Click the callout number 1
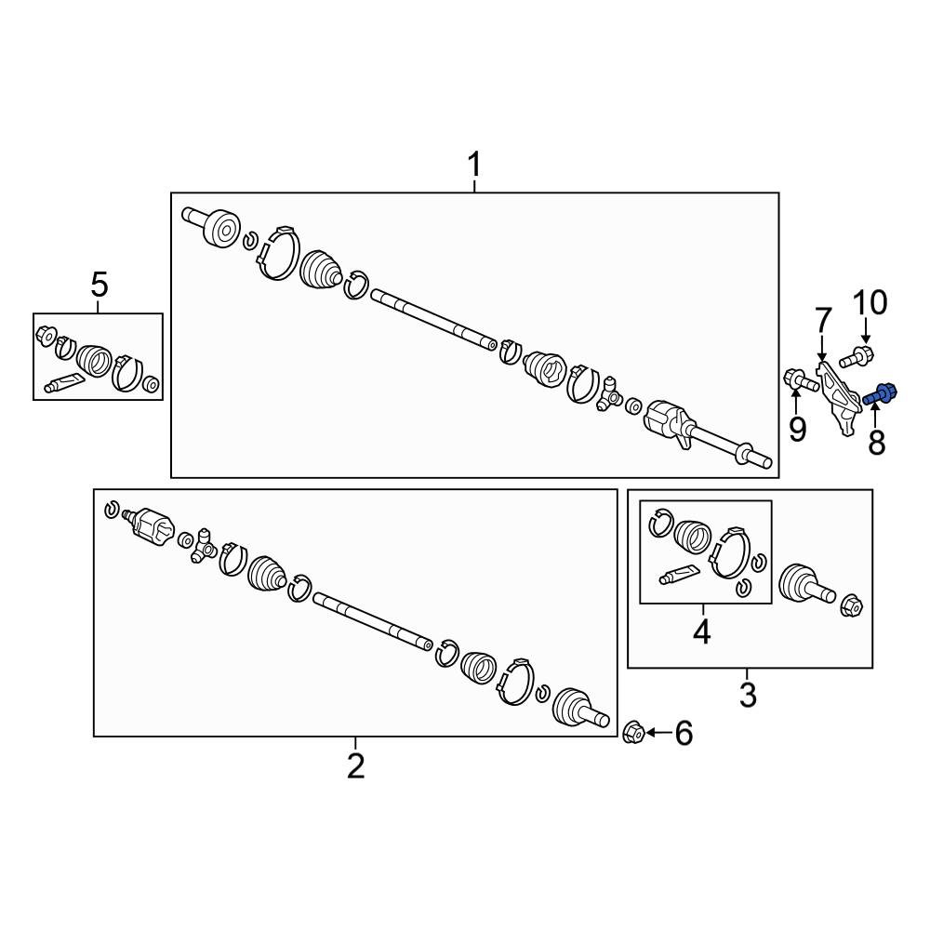(x=474, y=165)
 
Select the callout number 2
(x=355, y=766)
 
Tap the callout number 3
(x=748, y=695)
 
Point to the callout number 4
(x=701, y=631)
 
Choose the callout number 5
(x=100, y=285)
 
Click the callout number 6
(x=684, y=734)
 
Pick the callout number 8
(x=877, y=442)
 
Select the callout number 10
(x=870, y=302)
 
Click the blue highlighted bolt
(x=880, y=394)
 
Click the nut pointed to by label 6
(x=634, y=733)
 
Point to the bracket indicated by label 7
(x=839, y=399)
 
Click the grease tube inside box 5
(x=63, y=382)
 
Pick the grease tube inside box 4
(x=679, y=574)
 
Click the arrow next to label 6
(x=659, y=733)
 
